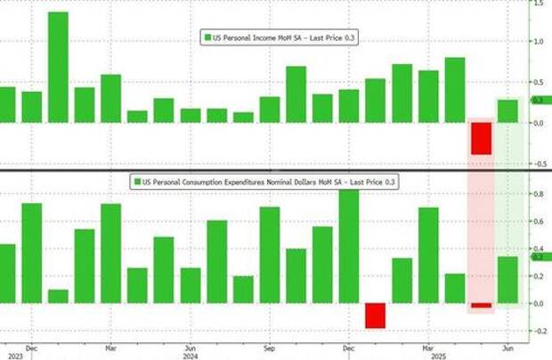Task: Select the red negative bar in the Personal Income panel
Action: pyautogui.click(x=482, y=138)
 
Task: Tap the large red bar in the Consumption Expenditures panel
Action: pyautogui.click(x=375, y=315)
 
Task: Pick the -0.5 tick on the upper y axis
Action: pyautogui.click(x=540, y=164)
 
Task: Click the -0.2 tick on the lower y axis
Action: pyautogui.click(x=540, y=331)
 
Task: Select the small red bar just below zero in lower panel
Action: pyautogui.click(x=482, y=306)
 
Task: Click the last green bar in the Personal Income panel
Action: pyautogui.click(x=507, y=111)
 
